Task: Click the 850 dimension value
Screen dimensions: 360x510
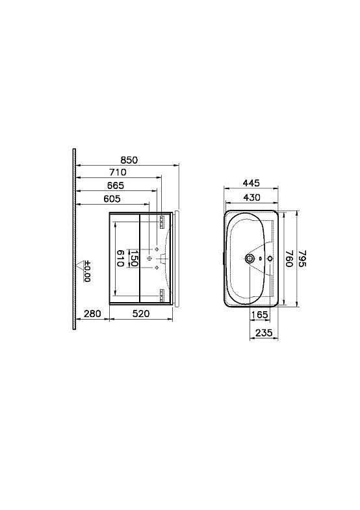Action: pos(129,160)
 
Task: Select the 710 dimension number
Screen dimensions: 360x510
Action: pos(118,172)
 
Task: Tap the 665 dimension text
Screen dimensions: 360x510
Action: pos(116,185)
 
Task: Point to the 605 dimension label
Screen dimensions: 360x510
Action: pos(112,198)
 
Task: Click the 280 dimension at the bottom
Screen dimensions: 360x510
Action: pos(92,314)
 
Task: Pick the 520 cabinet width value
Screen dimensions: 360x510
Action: pos(141,314)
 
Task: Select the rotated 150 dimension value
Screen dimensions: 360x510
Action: pos(134,259)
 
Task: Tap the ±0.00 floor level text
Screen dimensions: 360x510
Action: pos(87,272)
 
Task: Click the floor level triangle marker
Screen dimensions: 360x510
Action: pos(79,265)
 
